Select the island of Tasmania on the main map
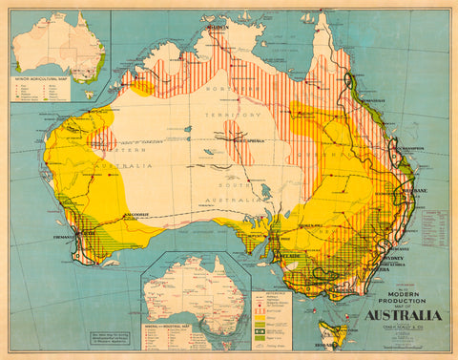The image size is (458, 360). click(x=329, y=325)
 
